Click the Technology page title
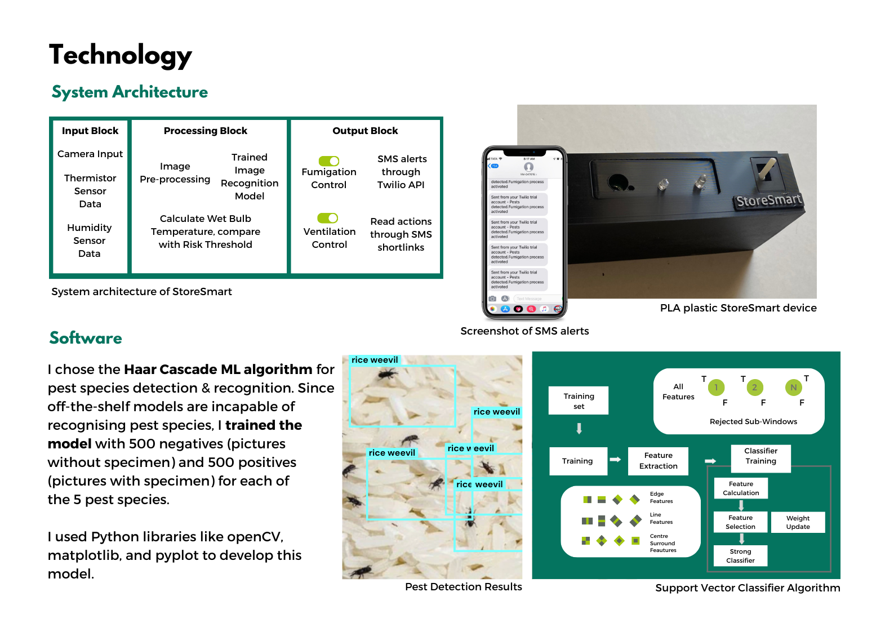[120, 56]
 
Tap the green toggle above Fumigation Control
[329, 161]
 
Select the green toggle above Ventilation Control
[328, 218]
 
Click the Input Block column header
[90, 131]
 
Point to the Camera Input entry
[90, 154]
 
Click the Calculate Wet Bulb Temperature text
[206, 232]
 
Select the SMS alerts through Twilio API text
[402, 172]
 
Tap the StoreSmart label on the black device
[768, 200]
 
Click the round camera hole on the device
[618, 181]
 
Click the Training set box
[579, 401]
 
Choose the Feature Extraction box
[659, 461]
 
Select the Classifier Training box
[760, 456]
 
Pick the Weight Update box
[798, 522]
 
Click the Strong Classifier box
[740, 556]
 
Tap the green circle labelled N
[793, 388]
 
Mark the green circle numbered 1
[716, 388]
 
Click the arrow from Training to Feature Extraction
[615, 460]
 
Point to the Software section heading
[86, 338]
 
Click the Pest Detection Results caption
[463, 587]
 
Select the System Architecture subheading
[130, 92]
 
